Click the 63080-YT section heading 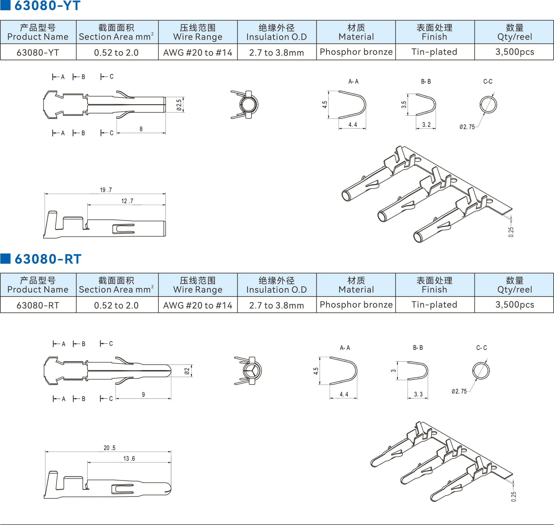(47, 5)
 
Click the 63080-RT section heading (48, 259)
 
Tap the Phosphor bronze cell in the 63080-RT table (356, 304)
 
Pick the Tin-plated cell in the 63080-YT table (434, 52)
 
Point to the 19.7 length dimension (106, 190)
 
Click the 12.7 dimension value (127, 201)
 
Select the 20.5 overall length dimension (109, 448)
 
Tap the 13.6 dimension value (129, 458)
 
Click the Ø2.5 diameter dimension (179, 105)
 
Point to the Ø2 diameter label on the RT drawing (187, 371)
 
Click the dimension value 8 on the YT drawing (141, 129)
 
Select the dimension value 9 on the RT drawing (143, 395)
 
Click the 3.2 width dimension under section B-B (426, 125)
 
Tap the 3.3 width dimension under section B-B (418, 394)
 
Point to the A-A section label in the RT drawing (345, 348)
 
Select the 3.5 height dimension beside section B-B (404, 105)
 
